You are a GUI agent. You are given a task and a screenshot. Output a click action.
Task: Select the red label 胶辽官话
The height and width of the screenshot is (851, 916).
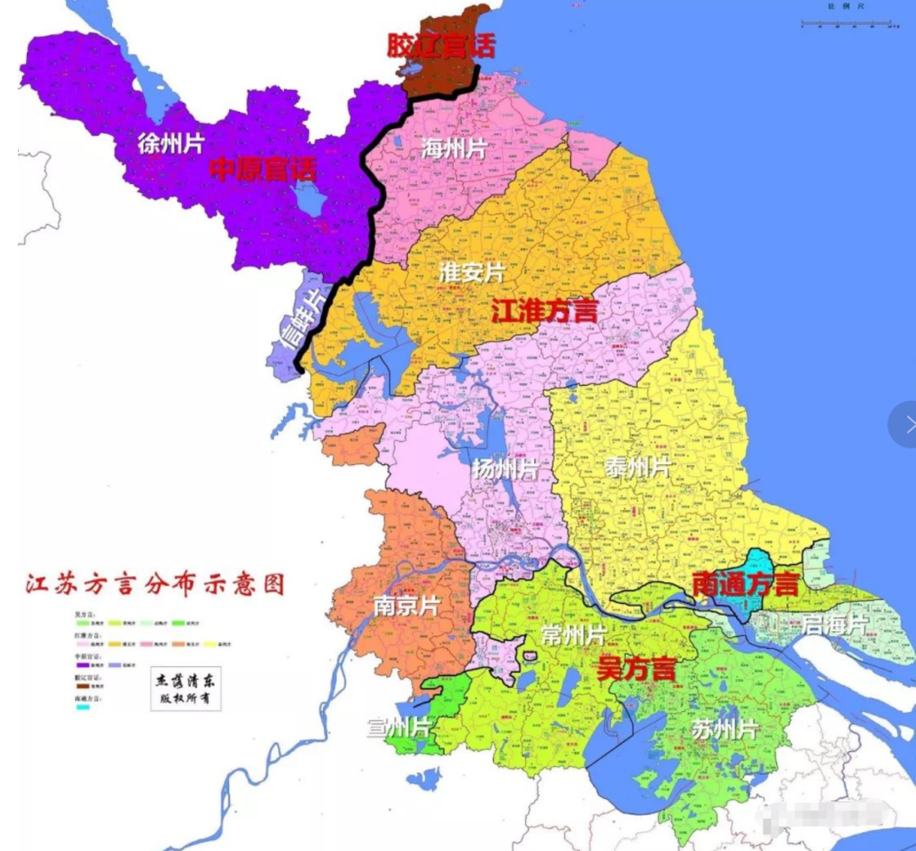(x=440, y=45)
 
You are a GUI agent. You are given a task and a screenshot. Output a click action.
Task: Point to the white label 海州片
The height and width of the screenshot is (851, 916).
(x=454, y=148)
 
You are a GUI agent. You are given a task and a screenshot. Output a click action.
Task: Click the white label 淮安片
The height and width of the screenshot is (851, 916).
(x=472, y=272)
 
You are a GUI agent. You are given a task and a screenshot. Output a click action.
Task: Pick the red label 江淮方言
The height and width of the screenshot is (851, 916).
(x=544, y=311)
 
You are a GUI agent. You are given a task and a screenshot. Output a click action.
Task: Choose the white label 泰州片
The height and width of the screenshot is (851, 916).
(x=638, y=467)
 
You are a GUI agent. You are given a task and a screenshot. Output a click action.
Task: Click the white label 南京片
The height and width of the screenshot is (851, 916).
(x=406, y=606)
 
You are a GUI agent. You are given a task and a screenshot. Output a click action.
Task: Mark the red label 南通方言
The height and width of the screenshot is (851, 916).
(x=746, y=584)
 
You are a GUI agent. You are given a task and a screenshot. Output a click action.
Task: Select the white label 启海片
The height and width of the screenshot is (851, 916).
(x=835, y=625)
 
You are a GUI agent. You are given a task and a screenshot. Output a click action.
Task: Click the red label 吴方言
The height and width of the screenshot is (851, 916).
(x=636, y=669)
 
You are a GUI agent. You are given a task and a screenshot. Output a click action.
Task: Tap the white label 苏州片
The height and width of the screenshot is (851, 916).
(x=723, y=729)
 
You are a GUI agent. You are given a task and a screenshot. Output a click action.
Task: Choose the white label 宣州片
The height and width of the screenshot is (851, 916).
(x=399, y=727)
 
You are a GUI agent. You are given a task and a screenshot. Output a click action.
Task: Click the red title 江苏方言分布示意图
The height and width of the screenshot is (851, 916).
(x=154, y=585)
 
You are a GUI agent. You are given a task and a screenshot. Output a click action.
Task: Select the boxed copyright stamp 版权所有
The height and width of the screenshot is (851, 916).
(x=185, y=690)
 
